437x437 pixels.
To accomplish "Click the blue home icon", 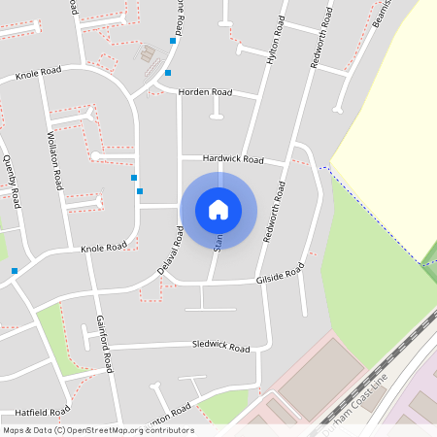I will (x=218, y=209).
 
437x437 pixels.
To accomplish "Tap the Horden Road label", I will (x=206, y=91).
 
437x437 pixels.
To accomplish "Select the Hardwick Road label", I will (x=233, y=158).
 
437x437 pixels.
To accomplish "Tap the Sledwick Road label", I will (x=220, y=346).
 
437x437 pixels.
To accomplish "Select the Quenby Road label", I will (x=12, y=180).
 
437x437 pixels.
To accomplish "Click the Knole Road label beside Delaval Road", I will (x=104, y=248).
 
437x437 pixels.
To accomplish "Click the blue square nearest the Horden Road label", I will (x=168, y=73).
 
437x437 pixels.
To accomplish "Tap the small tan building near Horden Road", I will (x=149, y=54).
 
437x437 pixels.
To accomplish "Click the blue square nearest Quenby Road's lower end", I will (x=15, y=270).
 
